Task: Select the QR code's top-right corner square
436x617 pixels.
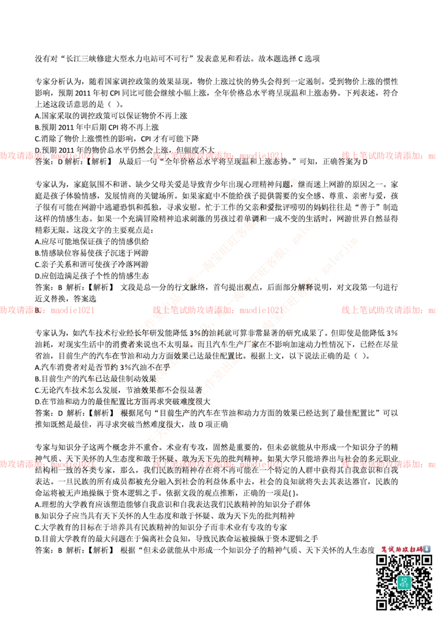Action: [427, 560]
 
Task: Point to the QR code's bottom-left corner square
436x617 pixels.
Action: [382, 604]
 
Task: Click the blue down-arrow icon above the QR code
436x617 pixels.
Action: [427, 549]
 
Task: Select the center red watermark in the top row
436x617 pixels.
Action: [218, 156]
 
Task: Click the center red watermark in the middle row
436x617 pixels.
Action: [218, 310]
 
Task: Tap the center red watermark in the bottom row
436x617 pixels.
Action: [218, 464]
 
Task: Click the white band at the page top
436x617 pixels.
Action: [218, 36]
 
